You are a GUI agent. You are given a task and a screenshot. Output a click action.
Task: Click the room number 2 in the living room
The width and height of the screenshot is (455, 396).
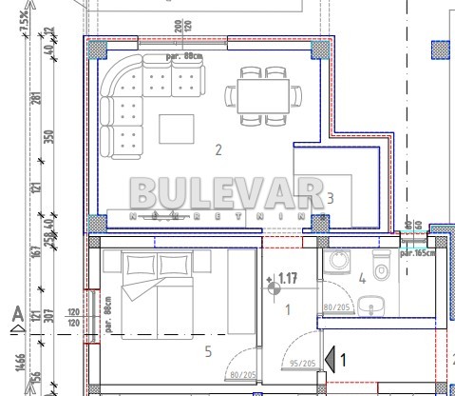[x=218, y=149]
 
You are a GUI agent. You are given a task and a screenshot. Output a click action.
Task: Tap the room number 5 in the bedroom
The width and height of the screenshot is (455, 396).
[x=209, y=351]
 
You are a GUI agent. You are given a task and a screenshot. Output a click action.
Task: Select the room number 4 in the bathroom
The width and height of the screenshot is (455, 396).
[x=362, y=279]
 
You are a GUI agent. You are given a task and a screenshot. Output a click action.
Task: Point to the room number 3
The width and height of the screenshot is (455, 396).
[x=330, y=198]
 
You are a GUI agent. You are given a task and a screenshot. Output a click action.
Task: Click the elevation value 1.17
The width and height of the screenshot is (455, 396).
[x=289, y=279]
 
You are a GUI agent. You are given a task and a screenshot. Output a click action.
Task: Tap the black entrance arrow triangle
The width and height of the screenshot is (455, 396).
[x=330, y=359]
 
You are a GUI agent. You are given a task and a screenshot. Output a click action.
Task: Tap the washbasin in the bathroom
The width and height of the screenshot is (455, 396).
[x=371, y=307]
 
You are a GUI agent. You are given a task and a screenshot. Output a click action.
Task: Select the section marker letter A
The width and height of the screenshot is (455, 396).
[x=16, y=313]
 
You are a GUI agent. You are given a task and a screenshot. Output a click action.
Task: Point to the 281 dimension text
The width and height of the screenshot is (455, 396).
[x=37, y=98]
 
